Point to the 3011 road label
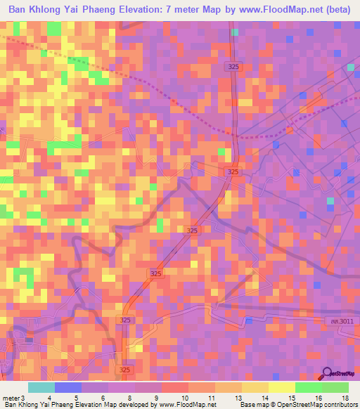[340, 322]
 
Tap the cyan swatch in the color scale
[41, 387]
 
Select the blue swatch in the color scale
[68, 387]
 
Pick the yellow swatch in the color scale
[282, 387]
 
